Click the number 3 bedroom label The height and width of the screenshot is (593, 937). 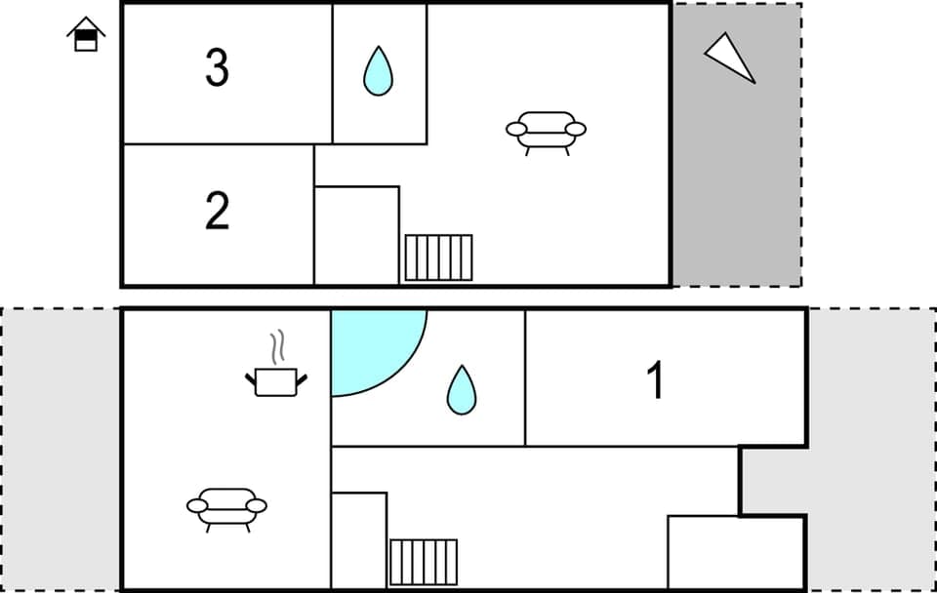(x=217, y=68)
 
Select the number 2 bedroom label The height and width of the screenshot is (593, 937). (x=217, y=211)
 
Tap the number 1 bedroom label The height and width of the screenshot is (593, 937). (x=657, y=380)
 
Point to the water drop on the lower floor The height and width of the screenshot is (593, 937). (x=461, y=389)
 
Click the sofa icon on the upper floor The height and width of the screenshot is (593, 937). (x=546, y=132)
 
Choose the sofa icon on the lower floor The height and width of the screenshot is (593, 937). (x=226, y=507)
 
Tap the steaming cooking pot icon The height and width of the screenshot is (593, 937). (x=275, y=380)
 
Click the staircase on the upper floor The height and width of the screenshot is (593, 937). (x=438, y=257)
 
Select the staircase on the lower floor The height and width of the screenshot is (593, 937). (x=424, y=562)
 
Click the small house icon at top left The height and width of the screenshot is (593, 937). (x=86, y=35)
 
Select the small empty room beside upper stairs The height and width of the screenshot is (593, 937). (x=356, y=235)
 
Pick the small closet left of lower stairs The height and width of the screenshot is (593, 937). (x=359, y=540)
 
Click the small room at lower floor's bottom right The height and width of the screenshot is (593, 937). (x=736, y=552)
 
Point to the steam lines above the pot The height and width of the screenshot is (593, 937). (x=278, y=346)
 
